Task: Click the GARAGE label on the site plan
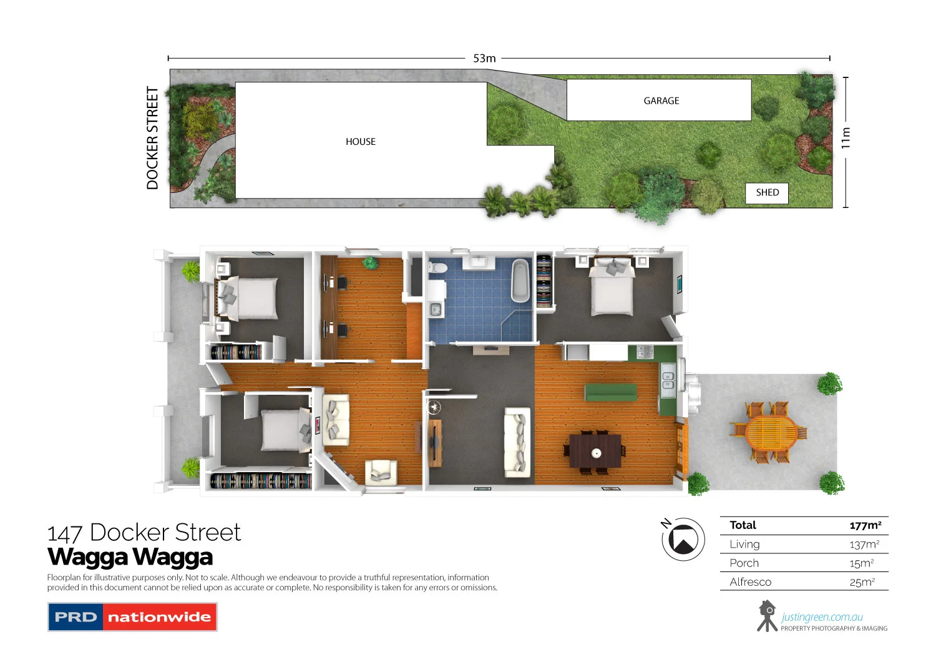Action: [661, 101]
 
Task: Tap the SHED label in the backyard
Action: [767, 192]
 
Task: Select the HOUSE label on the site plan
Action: [361, 142]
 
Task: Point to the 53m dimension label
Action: [484, 58]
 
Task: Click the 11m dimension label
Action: [846, 138]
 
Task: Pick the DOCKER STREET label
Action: [152, 138]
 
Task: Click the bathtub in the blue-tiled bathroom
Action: [520, 280]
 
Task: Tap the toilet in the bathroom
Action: [438, 268]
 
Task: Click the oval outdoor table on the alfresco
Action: [771, 432]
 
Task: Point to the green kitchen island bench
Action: [610, 393]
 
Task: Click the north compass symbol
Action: [683, 539]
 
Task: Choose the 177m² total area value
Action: [865, 525]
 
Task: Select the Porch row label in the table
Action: [744, 563]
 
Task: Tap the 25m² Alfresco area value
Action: [862, 582]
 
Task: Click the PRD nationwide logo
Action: [132, 617]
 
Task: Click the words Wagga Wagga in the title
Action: [130, 556]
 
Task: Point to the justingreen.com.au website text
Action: [822, 617]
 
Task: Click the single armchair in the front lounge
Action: [380, 472]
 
